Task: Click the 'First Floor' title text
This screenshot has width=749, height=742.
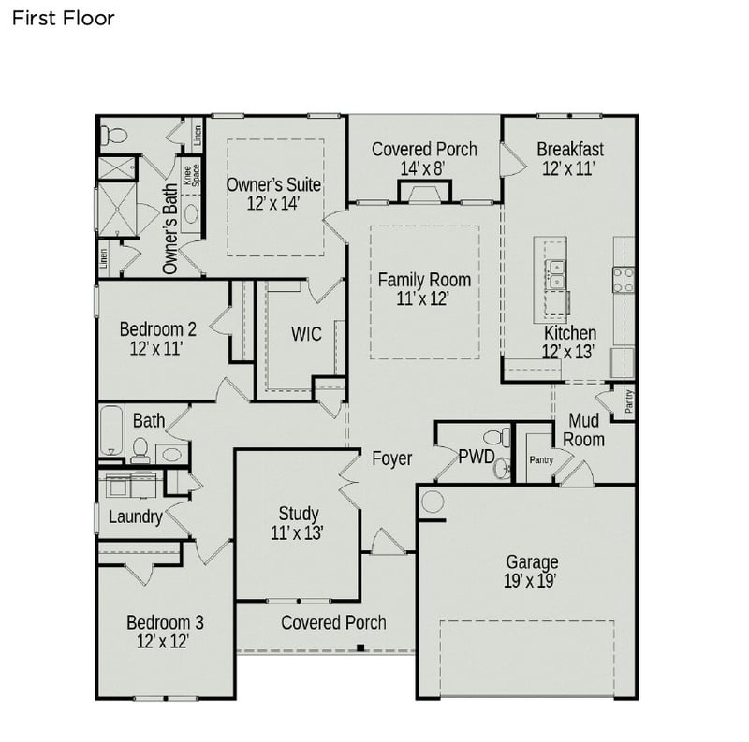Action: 63,19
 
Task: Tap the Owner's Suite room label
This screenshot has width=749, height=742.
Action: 273,194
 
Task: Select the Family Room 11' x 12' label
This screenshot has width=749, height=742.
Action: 424,289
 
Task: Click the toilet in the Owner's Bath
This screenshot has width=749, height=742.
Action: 110,134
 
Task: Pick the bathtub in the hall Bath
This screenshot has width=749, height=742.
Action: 110,430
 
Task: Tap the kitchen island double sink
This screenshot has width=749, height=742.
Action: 555,272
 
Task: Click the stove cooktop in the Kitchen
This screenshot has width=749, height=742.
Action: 623,278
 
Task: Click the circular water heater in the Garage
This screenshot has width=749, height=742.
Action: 433,501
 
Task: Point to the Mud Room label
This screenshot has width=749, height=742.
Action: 585,430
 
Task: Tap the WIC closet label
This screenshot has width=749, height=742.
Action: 306,334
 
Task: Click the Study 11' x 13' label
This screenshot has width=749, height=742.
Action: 299,523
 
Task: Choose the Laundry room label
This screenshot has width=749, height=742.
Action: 136,516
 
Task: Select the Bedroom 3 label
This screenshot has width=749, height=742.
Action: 165,632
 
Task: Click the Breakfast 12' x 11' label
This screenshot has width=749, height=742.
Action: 570,158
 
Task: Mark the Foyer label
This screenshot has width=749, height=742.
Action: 391,458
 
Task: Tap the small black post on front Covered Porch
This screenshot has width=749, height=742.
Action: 360,647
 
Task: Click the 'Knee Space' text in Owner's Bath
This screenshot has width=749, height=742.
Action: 192,177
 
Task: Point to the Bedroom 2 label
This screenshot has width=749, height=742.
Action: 157,338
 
